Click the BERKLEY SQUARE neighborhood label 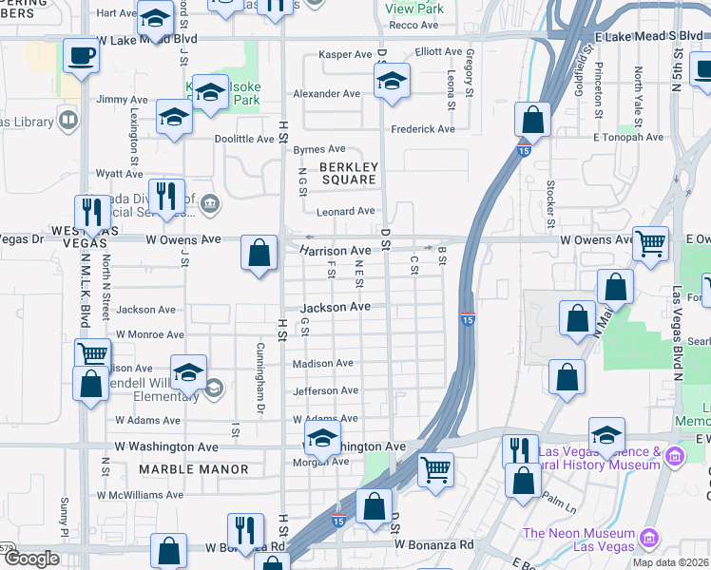(x=349, y=173)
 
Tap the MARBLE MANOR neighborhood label (x=194, y=469)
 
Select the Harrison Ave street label (x=335, y=251)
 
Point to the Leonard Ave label (x=346, y=211)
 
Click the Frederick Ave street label (x=423, y=129)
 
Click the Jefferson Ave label (x=325, y=390)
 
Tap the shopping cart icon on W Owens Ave (x=651, y=243)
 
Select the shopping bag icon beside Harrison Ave (x=259, y=253)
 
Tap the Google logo (x=31, y=559)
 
